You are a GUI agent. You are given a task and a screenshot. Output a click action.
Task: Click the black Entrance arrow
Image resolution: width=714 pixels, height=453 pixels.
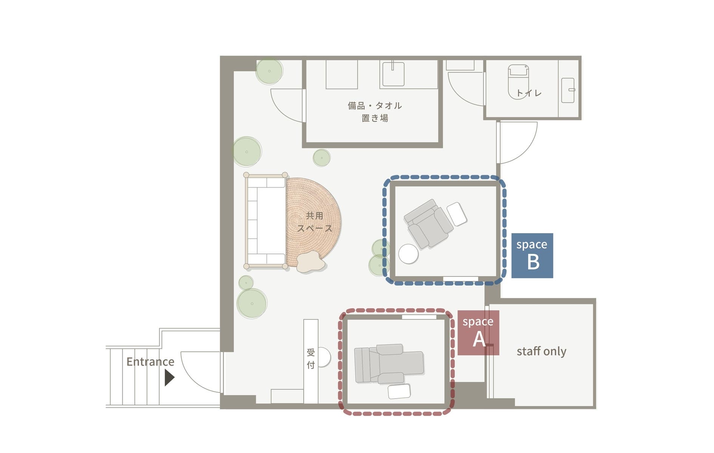pyautogui.click(x=169, y=377)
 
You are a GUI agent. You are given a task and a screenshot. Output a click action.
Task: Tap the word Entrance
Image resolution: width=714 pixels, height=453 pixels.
pyautogui.click(x=150, y=362)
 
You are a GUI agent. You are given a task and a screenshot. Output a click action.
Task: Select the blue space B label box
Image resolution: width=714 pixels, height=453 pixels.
pyautogui.click(x=532, y=255)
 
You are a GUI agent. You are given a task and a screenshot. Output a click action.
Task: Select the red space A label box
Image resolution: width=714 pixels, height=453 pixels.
pyautogui.click(x=478, y=332)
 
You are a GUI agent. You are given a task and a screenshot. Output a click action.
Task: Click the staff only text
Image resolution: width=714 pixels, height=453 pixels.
pyautogui.click(x=541, y=351)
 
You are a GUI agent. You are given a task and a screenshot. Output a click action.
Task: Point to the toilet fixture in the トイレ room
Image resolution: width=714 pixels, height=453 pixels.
pyautogui.click(x=518, y=82)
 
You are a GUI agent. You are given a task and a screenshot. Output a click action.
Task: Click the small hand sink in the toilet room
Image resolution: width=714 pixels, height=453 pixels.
pyautogui.click(x=568, y=90)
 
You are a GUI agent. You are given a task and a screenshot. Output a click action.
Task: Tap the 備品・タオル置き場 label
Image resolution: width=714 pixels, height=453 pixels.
pyautogui.click(x=374, y=112)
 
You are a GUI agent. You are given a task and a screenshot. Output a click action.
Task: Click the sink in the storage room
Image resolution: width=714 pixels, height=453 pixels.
pyautogui.click(x=393, y=74)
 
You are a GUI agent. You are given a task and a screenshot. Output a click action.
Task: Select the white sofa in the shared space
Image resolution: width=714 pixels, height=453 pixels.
pyautogui.click(x=266, y=221)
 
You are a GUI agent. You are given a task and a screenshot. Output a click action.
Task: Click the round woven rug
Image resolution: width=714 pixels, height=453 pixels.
pyautogui.click(x=313, y=222)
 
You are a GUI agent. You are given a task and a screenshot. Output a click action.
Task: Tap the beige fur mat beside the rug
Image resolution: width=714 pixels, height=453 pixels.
pyautogui.click(x=311, y=261)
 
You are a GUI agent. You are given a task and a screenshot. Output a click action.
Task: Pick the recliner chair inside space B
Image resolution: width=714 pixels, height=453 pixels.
pyautogui.click(x=429, y=224)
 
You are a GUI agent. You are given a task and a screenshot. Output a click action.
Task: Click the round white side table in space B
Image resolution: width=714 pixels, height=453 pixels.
pyautogui.click(x=408, y=254)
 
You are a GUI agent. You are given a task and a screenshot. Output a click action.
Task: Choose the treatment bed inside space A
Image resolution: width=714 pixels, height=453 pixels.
pyautogui.click(x=389, y=364)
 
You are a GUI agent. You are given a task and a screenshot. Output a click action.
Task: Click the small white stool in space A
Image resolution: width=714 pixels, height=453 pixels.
pyautogui.click(x=399, y=391)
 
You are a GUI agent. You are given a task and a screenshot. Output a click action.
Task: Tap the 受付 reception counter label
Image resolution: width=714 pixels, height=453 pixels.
pyautogui.click(x=311, y=359)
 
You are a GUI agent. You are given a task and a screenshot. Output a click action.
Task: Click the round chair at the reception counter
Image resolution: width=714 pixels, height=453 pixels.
pyautogui.click(x=324, y=357)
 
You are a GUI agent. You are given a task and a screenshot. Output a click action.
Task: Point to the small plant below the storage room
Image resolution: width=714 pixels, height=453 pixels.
pyautogui.click(x=321, y=158)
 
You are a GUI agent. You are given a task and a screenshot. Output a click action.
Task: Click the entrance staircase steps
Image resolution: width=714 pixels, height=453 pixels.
pyautogui.click(x=134, y=377)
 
